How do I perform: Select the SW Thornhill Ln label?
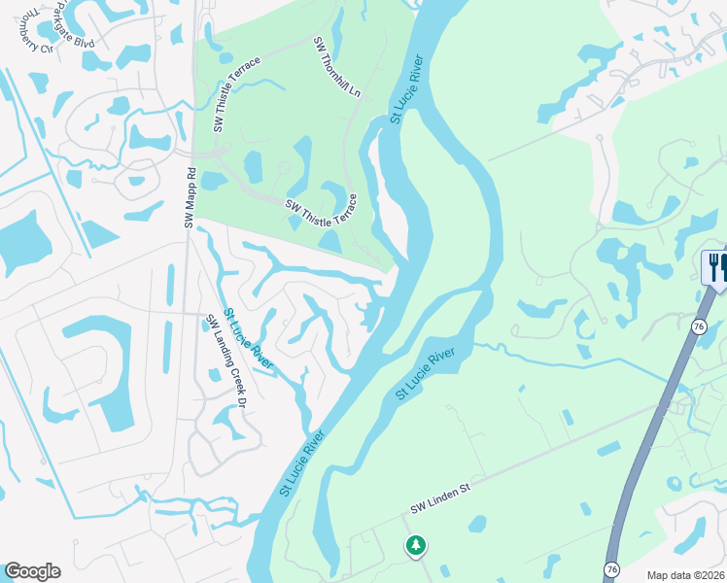tap(336, 67)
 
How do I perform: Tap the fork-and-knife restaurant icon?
tap(716, 267)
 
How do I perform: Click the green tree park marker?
tap(416, 546)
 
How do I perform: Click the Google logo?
tap(32, 571)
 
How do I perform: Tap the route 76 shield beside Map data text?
tap(611, 568)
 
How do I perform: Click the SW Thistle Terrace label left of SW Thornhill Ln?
tap(238, 93)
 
